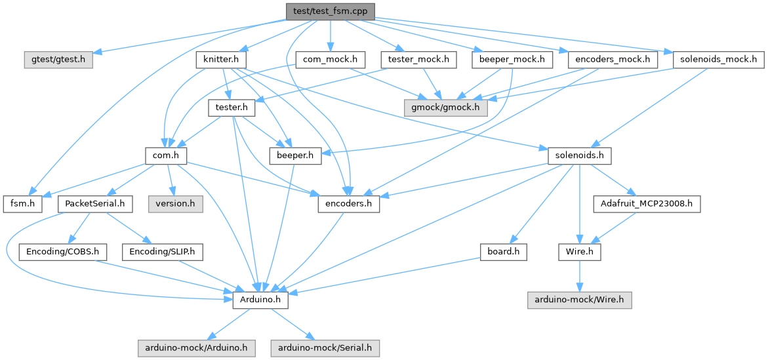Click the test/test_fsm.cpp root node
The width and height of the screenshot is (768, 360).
(330, 11)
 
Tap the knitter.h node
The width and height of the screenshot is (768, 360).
(220, 60)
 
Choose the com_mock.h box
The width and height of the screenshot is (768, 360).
(330, 60)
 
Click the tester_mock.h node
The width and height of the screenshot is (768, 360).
(418, 60)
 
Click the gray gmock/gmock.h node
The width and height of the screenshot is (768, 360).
(445, 107)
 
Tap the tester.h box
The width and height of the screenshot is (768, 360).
(226, 107)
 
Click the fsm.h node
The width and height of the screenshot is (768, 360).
(23, 204)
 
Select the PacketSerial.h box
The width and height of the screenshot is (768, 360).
(95, 204)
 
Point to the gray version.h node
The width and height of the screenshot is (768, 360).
(174, 204)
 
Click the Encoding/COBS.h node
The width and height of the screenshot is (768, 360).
(63, 251)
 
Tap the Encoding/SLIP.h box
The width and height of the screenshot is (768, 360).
(163, 251)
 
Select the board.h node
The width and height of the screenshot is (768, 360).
(503, 251)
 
